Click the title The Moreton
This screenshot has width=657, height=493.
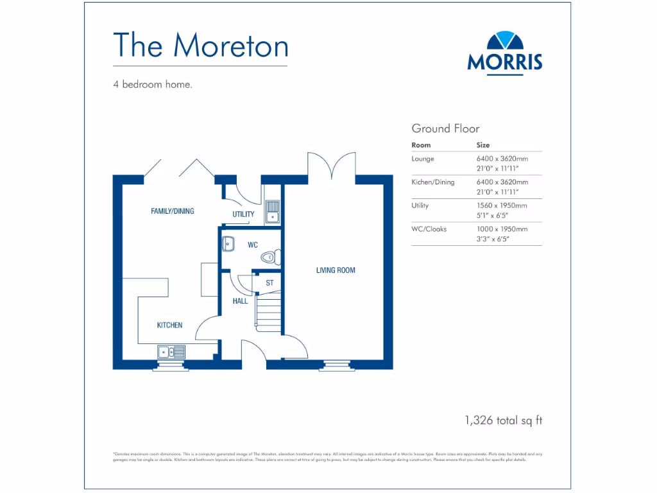point(200,45)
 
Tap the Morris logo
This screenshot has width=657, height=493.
point(505,53)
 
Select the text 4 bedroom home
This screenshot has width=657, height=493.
point(153,84)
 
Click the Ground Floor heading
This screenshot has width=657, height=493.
point(445,128)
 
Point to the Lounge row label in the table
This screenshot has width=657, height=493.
point(423,159)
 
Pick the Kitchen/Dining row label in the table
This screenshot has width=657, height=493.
point(433,182)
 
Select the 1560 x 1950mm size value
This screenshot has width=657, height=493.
point(502,205)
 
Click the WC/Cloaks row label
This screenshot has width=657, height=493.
point(429,229)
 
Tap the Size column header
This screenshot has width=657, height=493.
point(482,145)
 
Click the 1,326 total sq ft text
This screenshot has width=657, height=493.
point(504,421)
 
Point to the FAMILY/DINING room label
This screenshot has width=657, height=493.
point(172,211)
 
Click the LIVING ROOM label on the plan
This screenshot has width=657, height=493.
point(335,270)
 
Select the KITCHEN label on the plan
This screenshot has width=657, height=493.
point(170,325)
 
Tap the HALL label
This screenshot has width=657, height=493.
point(240,301)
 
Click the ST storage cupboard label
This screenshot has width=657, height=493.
point(269,282)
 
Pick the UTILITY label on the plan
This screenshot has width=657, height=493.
point(243,214)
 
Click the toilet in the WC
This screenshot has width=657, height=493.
point(269,257)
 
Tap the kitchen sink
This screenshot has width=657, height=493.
point(171,352)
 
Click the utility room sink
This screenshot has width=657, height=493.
point(273,212)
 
